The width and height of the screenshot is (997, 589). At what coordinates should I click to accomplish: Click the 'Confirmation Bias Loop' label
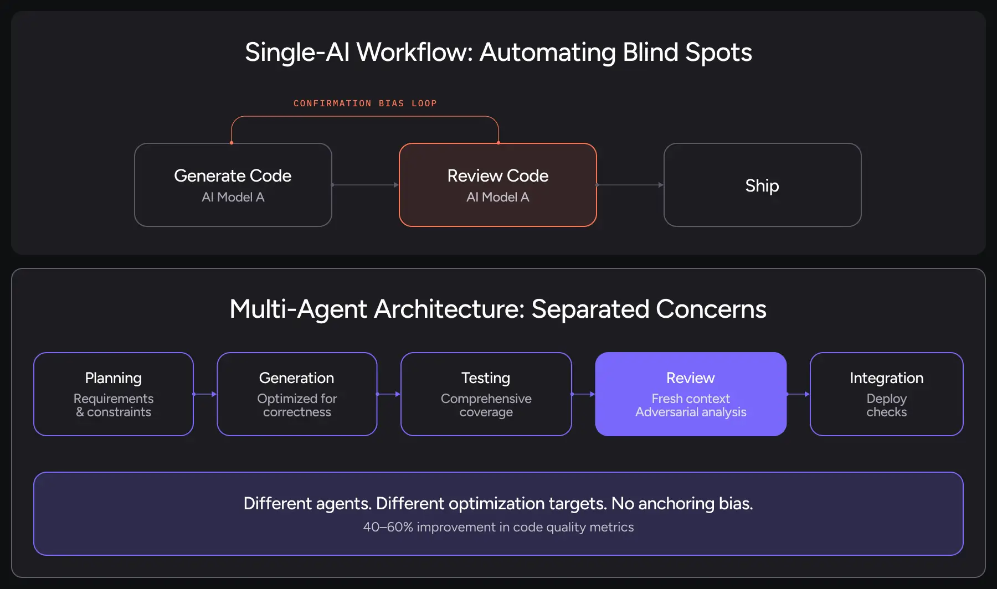tap(365, 104)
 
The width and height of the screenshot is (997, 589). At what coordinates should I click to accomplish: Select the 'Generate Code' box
tap(233, 185)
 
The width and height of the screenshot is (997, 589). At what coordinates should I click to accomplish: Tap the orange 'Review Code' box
tap(497, 185)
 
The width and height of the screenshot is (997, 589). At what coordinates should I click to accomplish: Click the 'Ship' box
tap(762, 185)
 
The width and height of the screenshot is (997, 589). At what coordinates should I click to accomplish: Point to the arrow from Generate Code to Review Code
tap(365, 185)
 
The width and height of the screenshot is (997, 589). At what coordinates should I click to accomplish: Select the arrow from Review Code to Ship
tap(630, 185)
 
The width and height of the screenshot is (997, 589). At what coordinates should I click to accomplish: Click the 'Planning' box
tap(113, 394)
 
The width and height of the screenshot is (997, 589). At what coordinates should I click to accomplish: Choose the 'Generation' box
tap(297, 394)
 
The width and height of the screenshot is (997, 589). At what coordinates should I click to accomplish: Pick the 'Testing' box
tap(486, 394)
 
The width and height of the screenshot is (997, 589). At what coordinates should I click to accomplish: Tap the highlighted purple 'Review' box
tap(690, 394)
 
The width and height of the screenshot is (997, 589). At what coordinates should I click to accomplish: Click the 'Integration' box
tap(886, 394)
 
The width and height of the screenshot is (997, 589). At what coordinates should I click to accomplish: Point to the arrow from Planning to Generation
tap(205, 394)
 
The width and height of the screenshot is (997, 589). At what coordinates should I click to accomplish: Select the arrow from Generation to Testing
tap(388, 394)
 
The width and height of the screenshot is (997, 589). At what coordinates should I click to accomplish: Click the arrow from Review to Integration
tap(798, 394)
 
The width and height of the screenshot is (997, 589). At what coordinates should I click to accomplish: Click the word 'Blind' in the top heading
tap(650, 53)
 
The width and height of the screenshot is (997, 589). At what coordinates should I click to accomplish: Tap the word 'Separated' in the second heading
tap(590, 309)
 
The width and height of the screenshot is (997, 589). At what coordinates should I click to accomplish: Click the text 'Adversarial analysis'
tap(691, 412)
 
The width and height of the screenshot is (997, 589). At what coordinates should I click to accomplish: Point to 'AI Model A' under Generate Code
tap(233, 197)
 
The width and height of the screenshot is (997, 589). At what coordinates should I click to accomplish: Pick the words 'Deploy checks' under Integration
tap(886, 405)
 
